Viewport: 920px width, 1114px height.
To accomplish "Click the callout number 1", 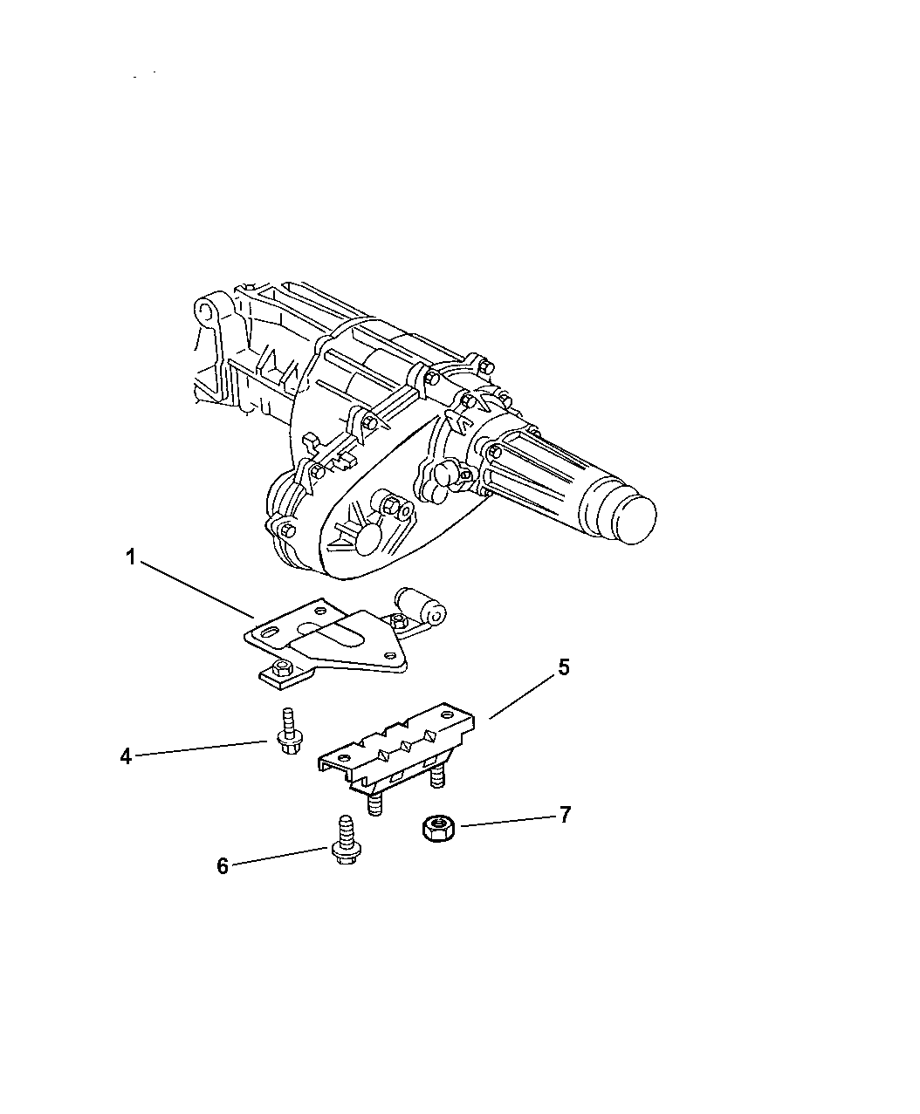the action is tap(131, 558).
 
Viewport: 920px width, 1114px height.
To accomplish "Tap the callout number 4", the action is tap(126, 756).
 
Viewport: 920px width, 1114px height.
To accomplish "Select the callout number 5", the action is tap(565, 667).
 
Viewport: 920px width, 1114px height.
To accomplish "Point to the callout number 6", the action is tap(223, 866).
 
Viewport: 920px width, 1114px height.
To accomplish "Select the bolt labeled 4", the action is tap(288, 731).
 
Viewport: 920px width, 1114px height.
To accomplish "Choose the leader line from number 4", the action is tap(202, 748).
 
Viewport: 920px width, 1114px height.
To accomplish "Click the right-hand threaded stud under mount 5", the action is tap(437, 776).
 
